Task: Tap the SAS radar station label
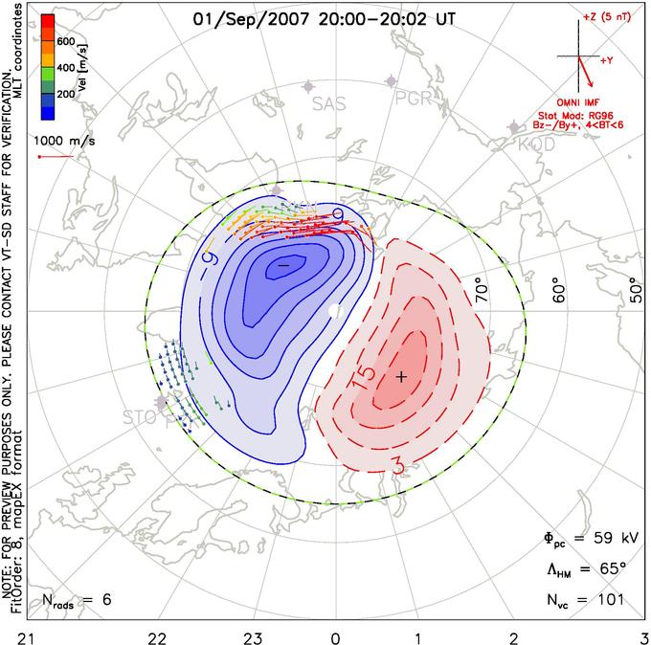coord(329,103)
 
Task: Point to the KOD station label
coord(536,145)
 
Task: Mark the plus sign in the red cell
coord(402,377)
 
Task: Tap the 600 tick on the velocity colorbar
coord(66,42)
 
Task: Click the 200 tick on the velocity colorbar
coord(66,95)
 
